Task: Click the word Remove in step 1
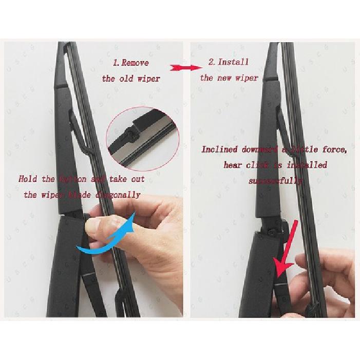[135, 63]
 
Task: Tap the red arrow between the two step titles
[185, 67]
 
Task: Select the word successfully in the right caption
[275, 181]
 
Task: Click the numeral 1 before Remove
[115, 63]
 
